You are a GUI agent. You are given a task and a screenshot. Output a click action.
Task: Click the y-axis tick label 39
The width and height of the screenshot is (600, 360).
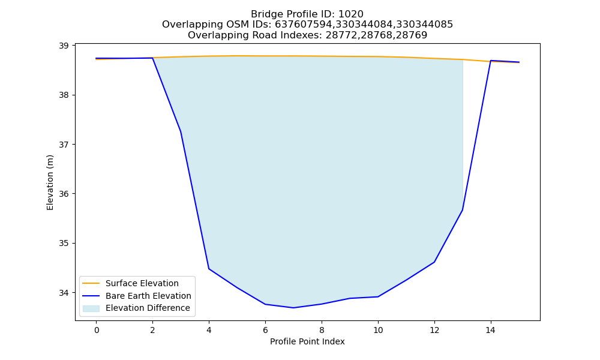[x=64, y=46]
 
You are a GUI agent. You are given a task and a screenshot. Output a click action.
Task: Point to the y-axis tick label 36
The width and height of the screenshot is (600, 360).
[x=64, y=194]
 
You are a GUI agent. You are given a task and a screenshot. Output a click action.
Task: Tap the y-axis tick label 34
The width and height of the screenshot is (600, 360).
[x=64, y=293]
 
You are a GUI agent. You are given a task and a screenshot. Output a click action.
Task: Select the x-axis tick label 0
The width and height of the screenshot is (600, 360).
[x=97, y=330]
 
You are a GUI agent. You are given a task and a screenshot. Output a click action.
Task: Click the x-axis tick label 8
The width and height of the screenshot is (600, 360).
[x=322, y=330]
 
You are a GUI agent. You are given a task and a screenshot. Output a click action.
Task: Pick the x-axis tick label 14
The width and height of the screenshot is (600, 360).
[x=491, y=330]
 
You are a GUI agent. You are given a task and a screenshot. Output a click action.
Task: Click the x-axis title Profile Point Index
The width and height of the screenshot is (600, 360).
[x=307, y=341]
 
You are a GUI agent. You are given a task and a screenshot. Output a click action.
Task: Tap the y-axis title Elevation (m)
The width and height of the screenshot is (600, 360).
[x=50, y=182]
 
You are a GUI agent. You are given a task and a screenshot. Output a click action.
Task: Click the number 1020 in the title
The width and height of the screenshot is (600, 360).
[x=351, y=14]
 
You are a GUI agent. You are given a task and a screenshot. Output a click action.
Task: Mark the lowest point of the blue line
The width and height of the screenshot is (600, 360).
[x=293, y=308]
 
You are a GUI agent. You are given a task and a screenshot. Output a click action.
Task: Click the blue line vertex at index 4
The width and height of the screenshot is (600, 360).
[x=209, y=269]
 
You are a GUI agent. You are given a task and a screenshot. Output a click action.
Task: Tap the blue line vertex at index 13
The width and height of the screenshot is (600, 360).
[x=462, y=210]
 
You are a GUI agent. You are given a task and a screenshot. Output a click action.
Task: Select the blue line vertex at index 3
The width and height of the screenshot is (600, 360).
[x=181, y=131]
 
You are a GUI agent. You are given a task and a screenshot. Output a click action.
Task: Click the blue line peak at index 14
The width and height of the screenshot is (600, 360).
[x=491, y=61]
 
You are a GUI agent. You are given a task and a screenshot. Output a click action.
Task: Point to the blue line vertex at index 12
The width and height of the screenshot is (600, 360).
[x=434, y=262]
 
